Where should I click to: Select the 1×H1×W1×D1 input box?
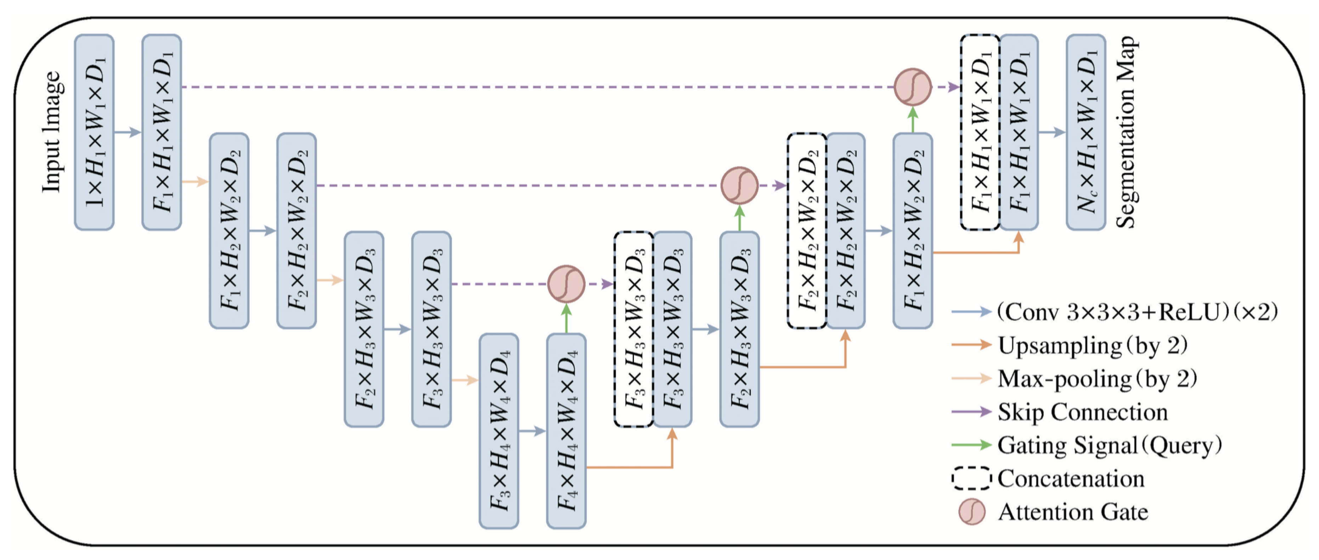tap(94, 132)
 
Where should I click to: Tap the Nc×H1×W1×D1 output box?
tap(1086, 132)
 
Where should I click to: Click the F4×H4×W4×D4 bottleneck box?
tap(566, 430)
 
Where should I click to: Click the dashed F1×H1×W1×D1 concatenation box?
tap(980, 132)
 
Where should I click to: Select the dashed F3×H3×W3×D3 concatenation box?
tap(634, 329)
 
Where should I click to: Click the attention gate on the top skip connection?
tap(912, 87)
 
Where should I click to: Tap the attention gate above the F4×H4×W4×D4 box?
tap(566, 284)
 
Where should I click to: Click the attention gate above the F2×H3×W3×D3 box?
tap(739, 185)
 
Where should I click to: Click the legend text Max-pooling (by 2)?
tap(1097, 379)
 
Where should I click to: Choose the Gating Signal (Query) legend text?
tap(1109, 445)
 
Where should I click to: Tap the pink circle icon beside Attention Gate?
tap(971, 511)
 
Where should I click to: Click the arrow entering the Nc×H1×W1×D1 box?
tap(1052, 132)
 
